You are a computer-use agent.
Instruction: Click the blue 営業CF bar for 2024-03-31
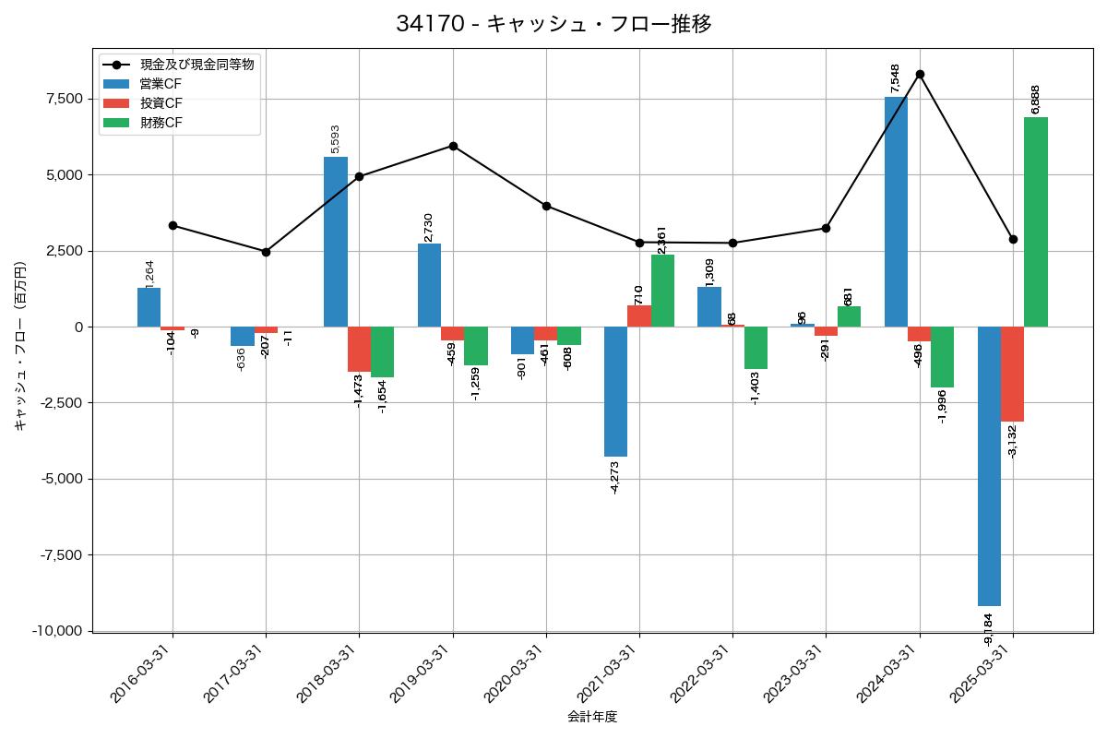pyautogui.click(x=896, y=212)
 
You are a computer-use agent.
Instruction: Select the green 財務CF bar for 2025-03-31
pyautogui.click(x=1036, y=221)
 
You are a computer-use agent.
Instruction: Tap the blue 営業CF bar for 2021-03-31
pyautogui.click(x=615, y=391)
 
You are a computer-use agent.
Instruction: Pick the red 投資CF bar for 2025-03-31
pyautogui.click(x=1013, y=374)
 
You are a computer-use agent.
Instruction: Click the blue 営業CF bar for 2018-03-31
pyautogui.click(x=336, y=242)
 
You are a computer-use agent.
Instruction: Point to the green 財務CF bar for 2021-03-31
pyautogui.click(x=662, y=291)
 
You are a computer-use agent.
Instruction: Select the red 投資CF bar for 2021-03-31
pyautogui.click(x=639, y=315)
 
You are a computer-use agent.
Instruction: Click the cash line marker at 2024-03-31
pyautogui.click(x=920, y=74)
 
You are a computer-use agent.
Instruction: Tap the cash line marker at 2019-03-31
pyautogui.click(x=453, y=146)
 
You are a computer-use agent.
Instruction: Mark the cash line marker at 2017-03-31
pyautogui.click(x=266, y=252)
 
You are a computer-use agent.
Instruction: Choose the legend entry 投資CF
pyautogui.click(x=161, y=103)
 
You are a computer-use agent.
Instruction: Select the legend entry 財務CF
pyautogui.click(x=161, y=123)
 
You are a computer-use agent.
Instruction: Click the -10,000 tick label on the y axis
pyautogui.click(x=58, y=631)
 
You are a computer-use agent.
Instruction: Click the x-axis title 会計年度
pyautogui.click(x=592, y=717)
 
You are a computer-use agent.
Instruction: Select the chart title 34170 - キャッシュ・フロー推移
pyautogui.click(x=553, y=23)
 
